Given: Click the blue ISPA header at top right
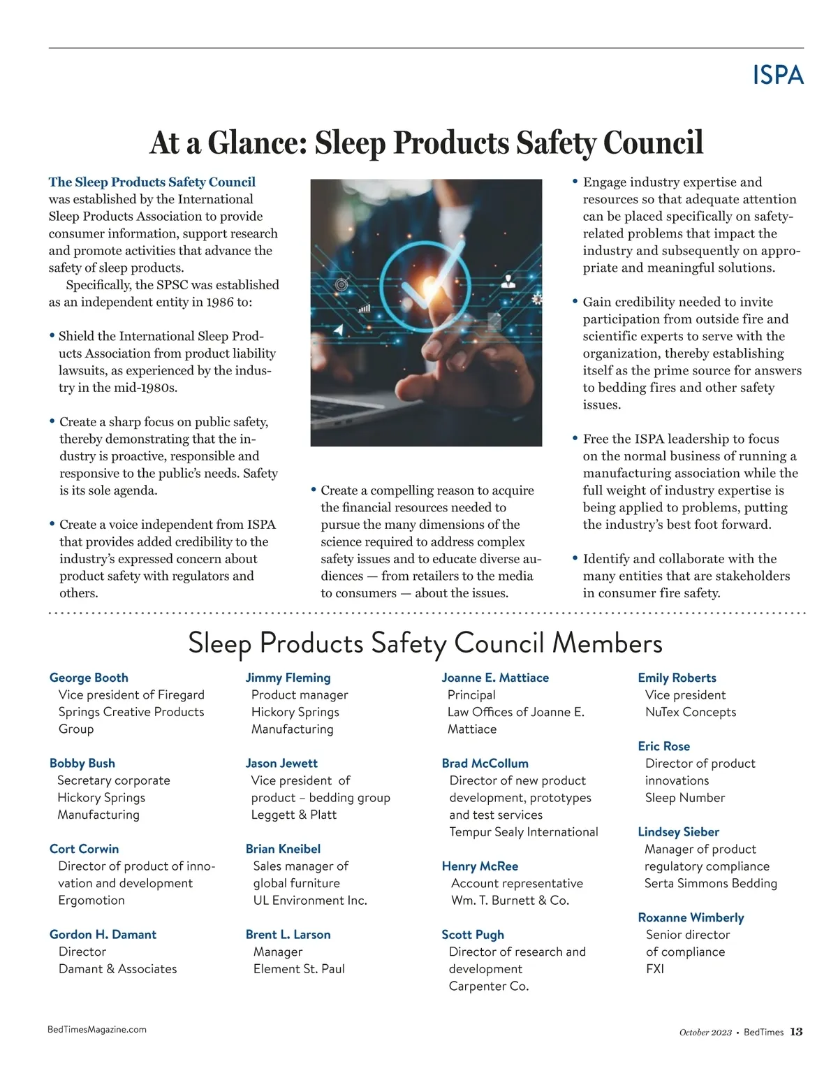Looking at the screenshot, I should pyautogui.click(x=778, y=75).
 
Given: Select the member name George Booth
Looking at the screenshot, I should pyautogui.click(x=89, y=678).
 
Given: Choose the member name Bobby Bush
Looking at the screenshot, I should pyautogui.click(x=82, y=763).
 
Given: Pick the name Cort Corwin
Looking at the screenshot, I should pyautogui.click(x=84, y=849).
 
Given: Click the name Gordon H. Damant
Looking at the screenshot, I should pyautogui.click(x=103, y=935).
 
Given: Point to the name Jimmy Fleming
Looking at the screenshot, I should pyautogui.click(x=288, y=678).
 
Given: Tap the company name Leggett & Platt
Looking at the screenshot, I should pyautogui.click(x=293, y=815).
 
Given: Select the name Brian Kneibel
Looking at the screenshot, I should pyautogui.click(x=283, y=849).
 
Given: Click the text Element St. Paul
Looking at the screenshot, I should pyautogui.click(x=299, y=969).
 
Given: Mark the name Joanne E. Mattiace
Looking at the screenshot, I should pyautogui.click(x=495, y=678).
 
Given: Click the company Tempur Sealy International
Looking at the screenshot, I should pyautogui.click(x=524, y=832).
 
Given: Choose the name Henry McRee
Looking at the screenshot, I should pyautogui.click(x=480, y=866).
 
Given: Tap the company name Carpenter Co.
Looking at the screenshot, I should pyautogui.click(x=489, y=986).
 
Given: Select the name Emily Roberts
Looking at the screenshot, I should pyautogui.click(x=677, y=678).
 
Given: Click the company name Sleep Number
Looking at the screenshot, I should pyautogui.click(x=685, y=798).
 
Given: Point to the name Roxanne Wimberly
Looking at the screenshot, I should pyautogui.click(x=691, y=917).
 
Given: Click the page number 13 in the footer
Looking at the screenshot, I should pyautogui.click(x=796, y=1032).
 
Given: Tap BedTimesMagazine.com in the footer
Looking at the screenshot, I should pyautogui.click(x=97, y=1029).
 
